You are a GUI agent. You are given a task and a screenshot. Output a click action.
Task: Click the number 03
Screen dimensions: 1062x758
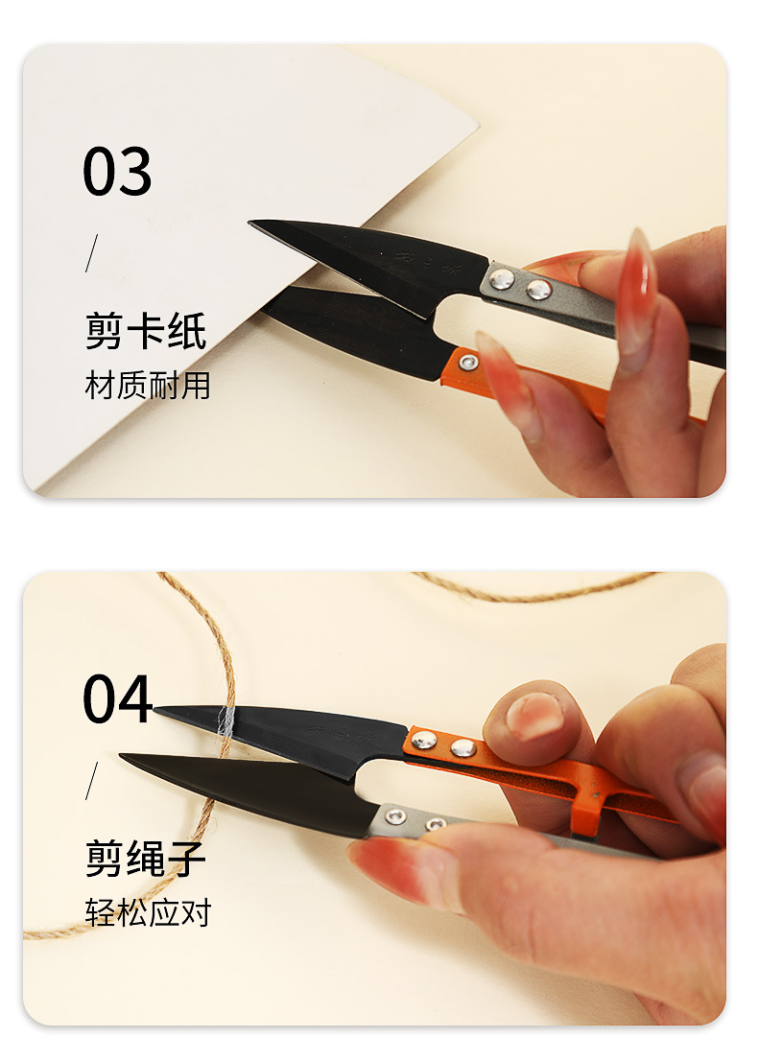(x=117, y=173)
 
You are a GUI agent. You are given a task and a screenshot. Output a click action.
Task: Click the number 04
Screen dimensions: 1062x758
(x=117, y=698)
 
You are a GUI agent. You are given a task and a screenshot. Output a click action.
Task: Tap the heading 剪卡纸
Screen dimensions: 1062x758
(x=146, y=332)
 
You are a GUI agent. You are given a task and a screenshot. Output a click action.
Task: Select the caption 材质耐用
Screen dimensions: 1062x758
(x=147, y=386)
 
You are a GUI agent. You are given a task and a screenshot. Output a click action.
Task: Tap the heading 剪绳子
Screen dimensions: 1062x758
(x=146, y=858)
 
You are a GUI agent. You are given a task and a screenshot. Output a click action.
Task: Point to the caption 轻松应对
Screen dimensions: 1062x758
(x=147, y=912)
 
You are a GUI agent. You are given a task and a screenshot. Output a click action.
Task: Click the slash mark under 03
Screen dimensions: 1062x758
(x=92, y=252)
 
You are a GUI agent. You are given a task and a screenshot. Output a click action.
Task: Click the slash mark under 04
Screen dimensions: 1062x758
(x=92, y=779)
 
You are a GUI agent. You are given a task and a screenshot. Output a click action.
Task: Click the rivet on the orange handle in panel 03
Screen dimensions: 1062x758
(x=468, y=362)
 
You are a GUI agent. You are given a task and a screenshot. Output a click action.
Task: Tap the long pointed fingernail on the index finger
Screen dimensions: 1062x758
(x=636, y=298)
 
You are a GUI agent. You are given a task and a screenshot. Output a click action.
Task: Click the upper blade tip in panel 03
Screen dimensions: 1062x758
(x=253, y=224)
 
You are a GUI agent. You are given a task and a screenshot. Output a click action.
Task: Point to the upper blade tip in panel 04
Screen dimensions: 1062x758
(x=159, y=711)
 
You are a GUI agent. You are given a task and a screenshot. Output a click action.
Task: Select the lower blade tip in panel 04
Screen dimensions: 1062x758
(x=125, y=757)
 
